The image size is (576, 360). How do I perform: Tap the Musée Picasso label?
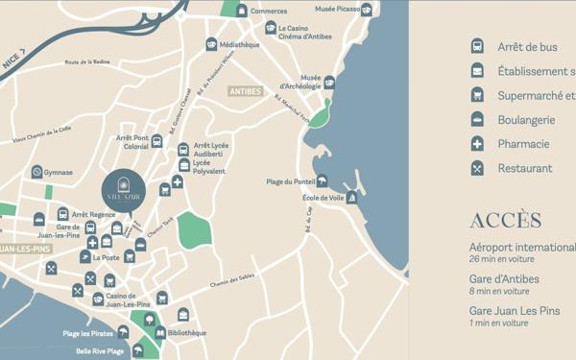[x=337, y=10]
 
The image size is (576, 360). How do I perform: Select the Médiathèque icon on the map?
[x=211, y=44]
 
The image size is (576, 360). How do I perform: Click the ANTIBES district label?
[x=245, y=92]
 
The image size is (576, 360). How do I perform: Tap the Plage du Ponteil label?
[x=290, y=181]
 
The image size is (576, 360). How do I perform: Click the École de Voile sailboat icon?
[x=351, y=198]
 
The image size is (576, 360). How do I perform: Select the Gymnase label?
[x=58, y=173]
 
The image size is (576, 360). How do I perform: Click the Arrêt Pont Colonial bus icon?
[x=156, y=142]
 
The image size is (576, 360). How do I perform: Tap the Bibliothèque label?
[x=186, y=333]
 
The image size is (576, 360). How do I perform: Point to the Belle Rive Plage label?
[x=100, y=351]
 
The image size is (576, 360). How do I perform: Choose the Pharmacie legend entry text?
[x=523, y=144]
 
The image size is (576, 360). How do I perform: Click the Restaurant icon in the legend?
[x=477, y=168]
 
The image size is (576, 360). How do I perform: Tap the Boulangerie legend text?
[x=526, y=120]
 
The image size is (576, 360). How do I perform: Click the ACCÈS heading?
[x=505, y=221]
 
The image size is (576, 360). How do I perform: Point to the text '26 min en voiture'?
[x=500, y=259]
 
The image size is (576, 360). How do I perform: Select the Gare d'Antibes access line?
[x=504, y=279]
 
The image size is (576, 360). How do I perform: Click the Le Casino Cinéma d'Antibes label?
[x=309, y=33]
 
